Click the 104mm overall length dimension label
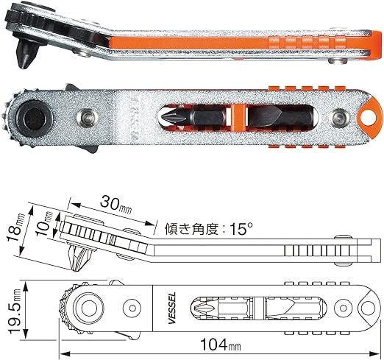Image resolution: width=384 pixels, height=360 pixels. pos(221,345)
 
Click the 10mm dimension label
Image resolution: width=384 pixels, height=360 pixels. pos(46,224)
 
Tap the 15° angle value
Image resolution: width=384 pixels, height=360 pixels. pos(241,229)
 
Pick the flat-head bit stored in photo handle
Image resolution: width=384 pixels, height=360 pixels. pos(282,116)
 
